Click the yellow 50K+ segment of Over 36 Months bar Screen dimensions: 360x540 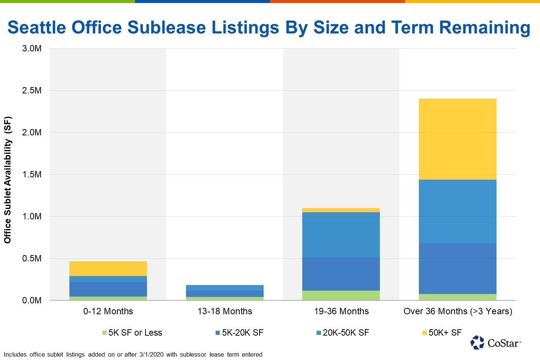(x=457, y=139)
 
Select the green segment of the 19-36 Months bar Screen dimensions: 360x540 (x=341, y=295)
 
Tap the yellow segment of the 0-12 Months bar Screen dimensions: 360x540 (x=108, y=268)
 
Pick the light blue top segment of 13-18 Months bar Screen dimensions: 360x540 (x=225, y=288)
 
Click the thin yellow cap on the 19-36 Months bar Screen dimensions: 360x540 (x=341, y=210)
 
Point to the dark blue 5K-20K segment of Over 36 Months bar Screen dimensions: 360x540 (x=457, y=268)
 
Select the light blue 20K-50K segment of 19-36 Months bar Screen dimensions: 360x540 (x=341, y=235)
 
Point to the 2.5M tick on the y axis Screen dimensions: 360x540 (x=32, y=90)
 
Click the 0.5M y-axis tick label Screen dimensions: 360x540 (x=32, y=258)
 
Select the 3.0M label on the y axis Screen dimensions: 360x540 (x=32, y=48)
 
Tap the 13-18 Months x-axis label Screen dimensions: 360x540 (x=225, y=311)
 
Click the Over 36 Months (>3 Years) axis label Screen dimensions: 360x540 (x=457, y=311)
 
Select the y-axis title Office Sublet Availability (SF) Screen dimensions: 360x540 (x=7, y=180)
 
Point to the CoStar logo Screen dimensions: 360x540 (x=495, y=342)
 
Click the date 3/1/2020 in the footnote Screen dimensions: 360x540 (x=151, y=354)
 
